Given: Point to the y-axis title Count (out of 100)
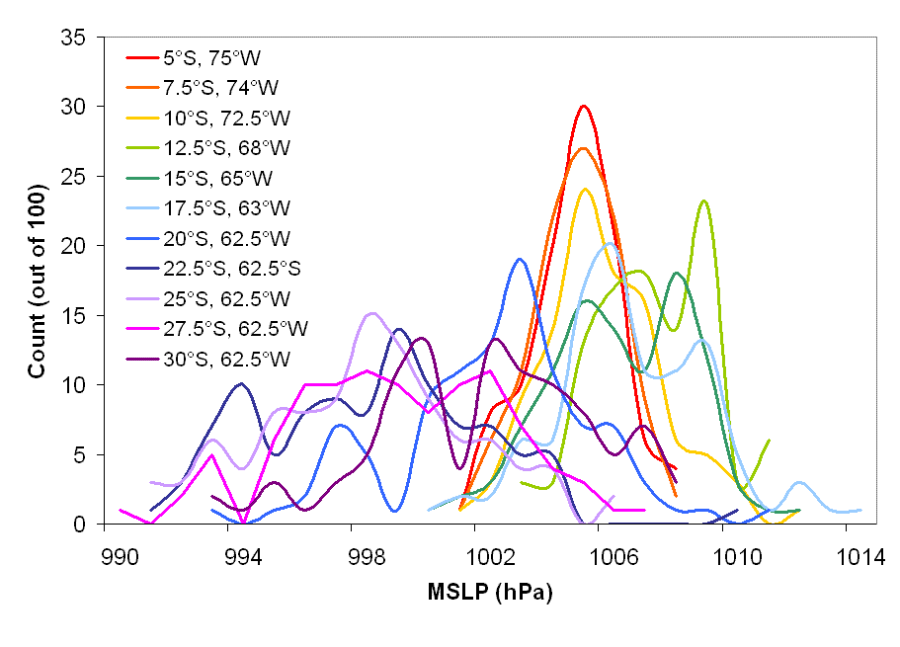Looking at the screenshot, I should pyautogui.click(x=38, y=279).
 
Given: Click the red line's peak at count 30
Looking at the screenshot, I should pyautogui.click(x=584, y=106).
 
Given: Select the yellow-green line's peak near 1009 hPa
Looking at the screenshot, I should pyautogui.click(x=703, y=201).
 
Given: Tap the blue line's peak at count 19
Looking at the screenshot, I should pyautogui.click(x=520, y=259).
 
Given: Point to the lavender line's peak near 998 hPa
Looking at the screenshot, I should pyautogui.click(x=371, y=313).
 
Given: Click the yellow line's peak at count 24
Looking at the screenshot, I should pyautogui.click(x=585, y=189).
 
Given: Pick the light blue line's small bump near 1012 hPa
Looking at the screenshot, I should pyautogui.click(x=799, y=482).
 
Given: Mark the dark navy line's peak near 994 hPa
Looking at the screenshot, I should pyautogui.click(x=240, y=383).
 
